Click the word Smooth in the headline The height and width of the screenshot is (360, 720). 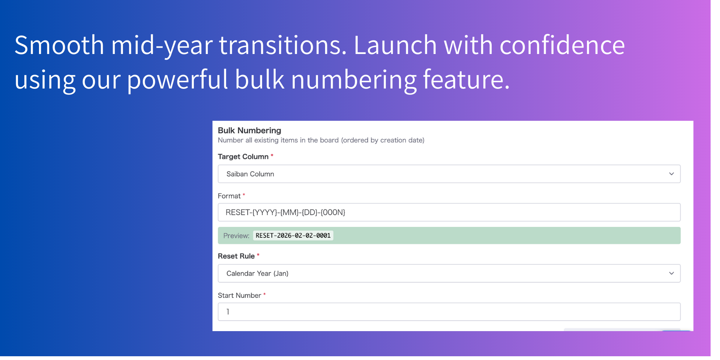point(59,45)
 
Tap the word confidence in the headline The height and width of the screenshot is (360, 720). point(562,45)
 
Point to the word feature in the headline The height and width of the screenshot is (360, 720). point(466,79)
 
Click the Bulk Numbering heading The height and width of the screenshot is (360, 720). point(249,130)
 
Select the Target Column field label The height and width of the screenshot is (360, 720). point(243,157)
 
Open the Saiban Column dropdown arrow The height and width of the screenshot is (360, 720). point(671,174)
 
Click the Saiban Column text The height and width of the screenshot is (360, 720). point(250,174)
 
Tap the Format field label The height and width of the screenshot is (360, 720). point(229,196)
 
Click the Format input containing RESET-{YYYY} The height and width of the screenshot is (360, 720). point(449,212)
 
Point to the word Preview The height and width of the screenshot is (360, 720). point(236,236)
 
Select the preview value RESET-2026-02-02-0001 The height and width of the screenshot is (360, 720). point(293,235)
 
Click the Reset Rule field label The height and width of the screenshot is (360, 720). point(236,256)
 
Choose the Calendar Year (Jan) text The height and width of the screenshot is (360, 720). point(257,273)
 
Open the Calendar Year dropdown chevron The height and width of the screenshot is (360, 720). point(671,273)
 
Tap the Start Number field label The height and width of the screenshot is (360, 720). point(239,295)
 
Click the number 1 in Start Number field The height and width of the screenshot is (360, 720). point(228,312)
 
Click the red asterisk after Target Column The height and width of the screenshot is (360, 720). point(272,155)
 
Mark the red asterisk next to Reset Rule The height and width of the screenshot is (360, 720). point(258,255)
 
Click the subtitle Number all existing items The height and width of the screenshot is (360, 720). point(321,140)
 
